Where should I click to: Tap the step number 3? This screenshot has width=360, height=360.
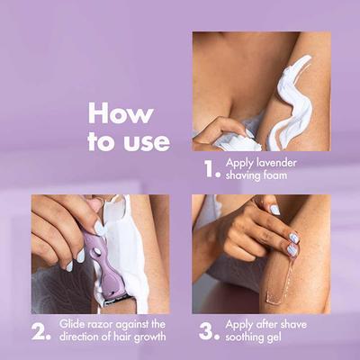(209, 330)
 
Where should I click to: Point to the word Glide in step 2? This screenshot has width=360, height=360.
(74, 324)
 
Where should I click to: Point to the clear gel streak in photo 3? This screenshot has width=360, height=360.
(285, 279)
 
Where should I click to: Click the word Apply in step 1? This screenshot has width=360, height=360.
(240, 163)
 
